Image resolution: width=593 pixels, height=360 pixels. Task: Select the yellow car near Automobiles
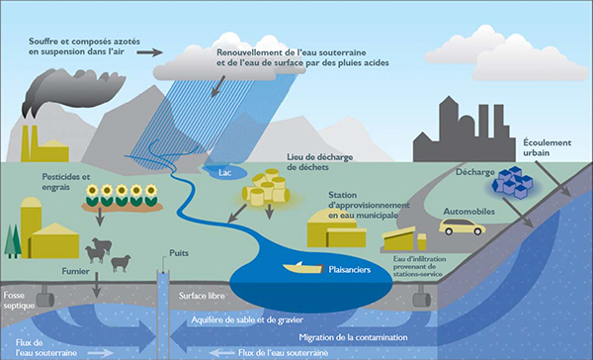click(x=463, y=227)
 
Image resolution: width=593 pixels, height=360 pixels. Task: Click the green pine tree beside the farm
click(x=11, y=240)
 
